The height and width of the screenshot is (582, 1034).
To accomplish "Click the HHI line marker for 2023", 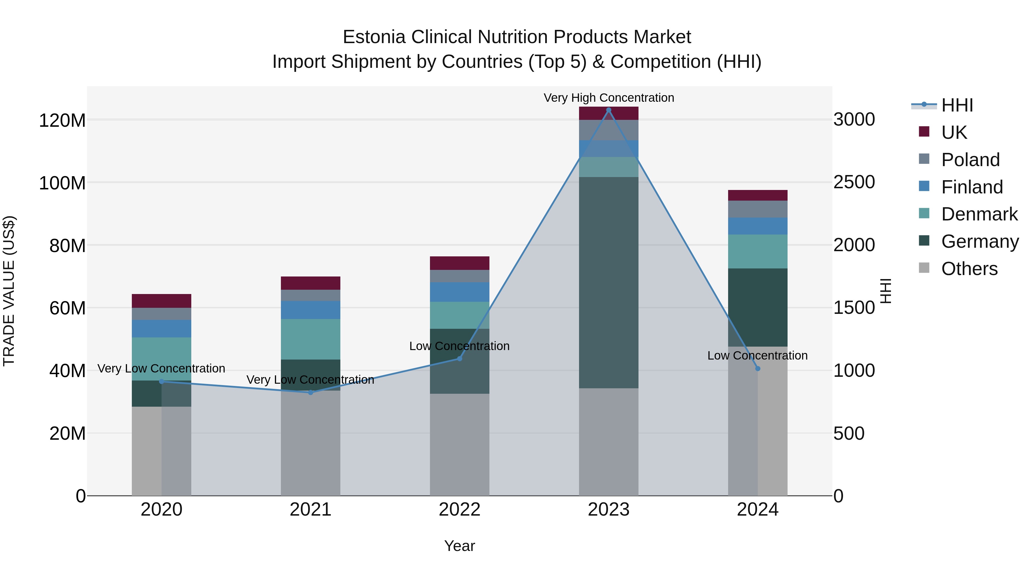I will click(x=609, y=110).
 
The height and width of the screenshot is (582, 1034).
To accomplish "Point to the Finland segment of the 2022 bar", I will click(x=459, y=292).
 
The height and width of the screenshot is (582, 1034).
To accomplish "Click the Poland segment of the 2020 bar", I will click(x=161, y=314).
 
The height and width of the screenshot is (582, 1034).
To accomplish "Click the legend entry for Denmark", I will click(x=979, y=214).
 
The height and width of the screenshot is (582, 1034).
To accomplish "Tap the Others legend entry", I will click(x=969, y=269).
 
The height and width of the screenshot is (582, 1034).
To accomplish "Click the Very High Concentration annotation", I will click(x=609, y=98).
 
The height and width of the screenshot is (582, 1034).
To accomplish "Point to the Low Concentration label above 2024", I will click(x=757, y=356).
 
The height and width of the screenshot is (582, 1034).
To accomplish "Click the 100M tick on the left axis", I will click(x=62, y=183).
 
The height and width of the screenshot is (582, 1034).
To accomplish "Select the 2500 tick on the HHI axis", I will click(x=854, y=182).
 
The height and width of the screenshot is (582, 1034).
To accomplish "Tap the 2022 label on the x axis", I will click(x=459, y=510).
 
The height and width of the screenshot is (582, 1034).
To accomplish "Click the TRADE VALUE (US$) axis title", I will click(x=9, y=291).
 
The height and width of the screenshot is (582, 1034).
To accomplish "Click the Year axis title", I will click(x=459, y=546).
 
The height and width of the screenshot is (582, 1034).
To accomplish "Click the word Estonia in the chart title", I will click(x=374, y=37).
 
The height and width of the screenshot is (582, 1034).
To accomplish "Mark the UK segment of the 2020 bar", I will click(x=161, y=301).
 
